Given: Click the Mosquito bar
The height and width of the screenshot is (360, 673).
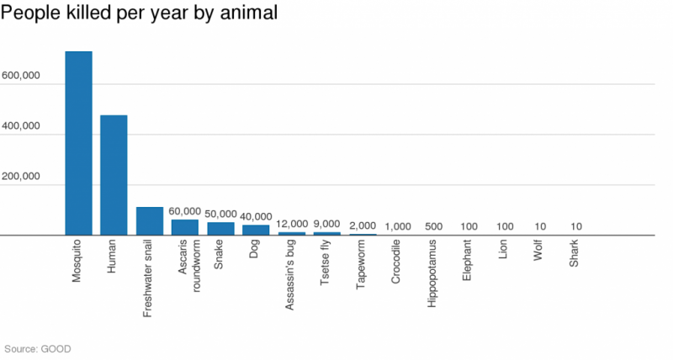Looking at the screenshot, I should (x=78, y=143).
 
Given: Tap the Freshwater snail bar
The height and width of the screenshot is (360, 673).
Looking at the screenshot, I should (x=149, y=221).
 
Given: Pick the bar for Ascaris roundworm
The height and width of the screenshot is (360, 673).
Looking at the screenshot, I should (x=184, y=227).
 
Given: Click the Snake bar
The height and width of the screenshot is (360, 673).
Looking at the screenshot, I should (x=220, y=229).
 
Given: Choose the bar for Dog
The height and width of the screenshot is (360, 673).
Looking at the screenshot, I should (x=256, y=230).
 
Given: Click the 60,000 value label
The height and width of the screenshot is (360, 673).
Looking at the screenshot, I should (x=184, y=211).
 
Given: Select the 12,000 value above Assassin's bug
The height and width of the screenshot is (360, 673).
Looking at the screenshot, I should (x=292, y=224).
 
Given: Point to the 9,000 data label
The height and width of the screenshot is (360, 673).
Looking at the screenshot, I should (x=326, y=224).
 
